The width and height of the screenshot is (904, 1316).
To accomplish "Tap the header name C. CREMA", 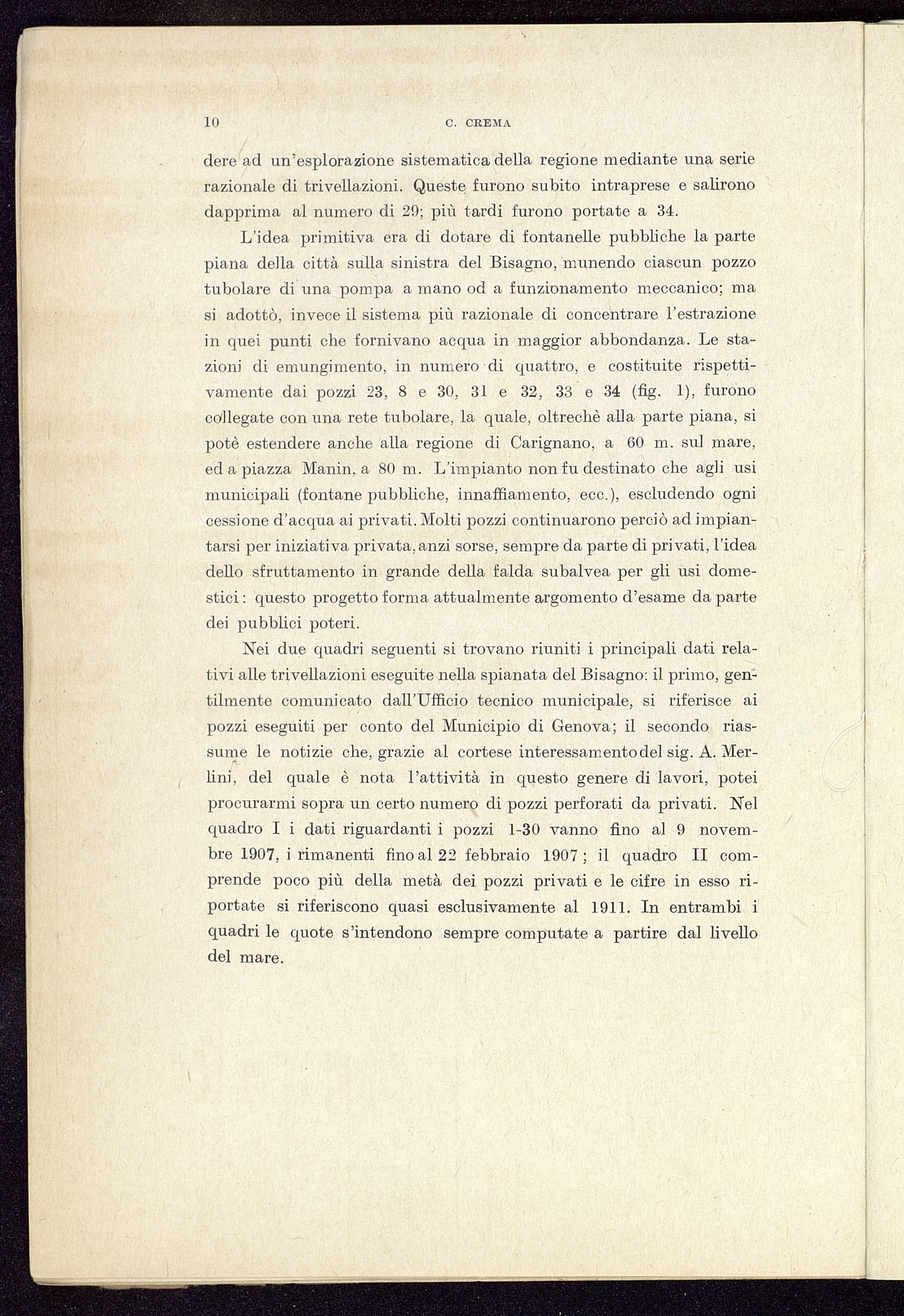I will [478, 124].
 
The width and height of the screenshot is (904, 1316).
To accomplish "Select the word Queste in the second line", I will [444, 185].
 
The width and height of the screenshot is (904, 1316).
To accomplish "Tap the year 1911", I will [607, 907].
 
